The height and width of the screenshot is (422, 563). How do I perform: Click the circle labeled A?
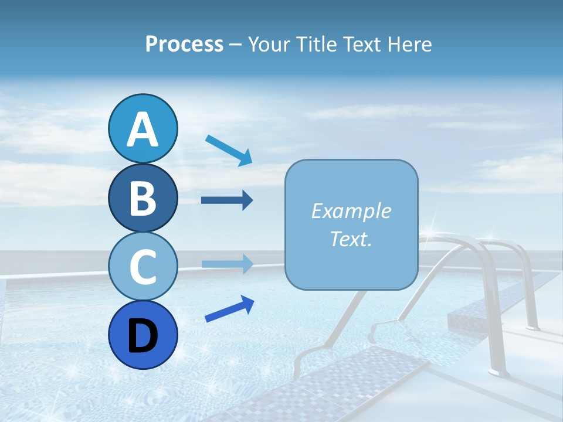coord(143,128)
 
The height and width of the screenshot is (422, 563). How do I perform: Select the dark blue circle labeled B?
coord(143,198)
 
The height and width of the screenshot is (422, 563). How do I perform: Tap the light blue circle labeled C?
coord(143,266)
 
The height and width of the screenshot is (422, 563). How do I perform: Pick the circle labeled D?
coord(143,335)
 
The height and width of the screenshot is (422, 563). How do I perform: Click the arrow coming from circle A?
coord(229,150)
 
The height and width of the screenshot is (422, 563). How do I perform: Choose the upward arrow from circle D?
coord(229,309)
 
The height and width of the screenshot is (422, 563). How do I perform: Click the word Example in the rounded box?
coord(351,211)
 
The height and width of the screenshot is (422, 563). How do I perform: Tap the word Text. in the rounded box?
coord(351,239)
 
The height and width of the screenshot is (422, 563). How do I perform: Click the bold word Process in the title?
coord(184,44)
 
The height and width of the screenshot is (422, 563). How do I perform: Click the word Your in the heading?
coord(268,44)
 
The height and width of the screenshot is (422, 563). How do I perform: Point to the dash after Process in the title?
coord(235,45)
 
